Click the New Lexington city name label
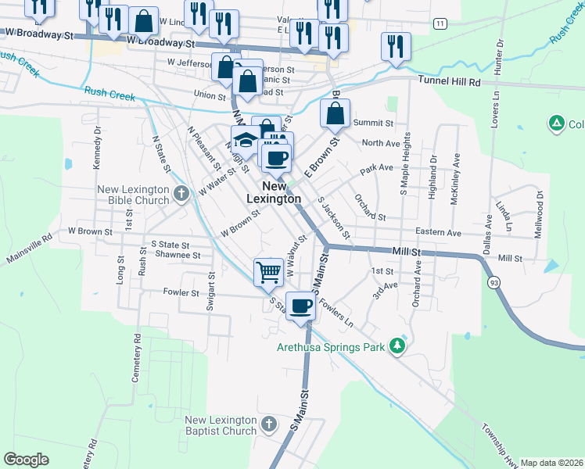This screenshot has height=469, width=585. pos(274,192)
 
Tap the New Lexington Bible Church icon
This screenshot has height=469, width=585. pos(181,193)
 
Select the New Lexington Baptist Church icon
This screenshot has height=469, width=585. pos(268,424)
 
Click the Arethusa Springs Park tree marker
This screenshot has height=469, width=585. pos(398,345)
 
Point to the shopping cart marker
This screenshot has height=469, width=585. pos(268,272)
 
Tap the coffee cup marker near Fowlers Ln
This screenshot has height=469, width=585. pos(300,306)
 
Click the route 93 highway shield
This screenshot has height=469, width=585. pos(493,281)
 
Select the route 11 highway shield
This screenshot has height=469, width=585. pos(442,24)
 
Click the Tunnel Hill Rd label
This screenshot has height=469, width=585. pos(448,81)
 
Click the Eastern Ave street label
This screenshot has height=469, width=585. pos(438,232)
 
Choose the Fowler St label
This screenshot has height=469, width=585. pos(181,293)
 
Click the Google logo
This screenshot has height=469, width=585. pos(26,460)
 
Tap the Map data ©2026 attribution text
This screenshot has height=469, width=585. pos(552,463)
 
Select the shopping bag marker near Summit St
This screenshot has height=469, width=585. pos(335,114)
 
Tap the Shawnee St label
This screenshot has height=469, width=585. pos(171,254)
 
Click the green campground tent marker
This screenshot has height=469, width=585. pos(556,124)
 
